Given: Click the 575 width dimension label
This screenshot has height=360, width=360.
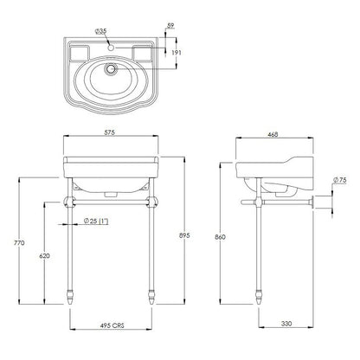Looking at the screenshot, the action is (110, 132).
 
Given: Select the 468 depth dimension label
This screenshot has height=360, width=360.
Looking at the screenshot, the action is (273, 134).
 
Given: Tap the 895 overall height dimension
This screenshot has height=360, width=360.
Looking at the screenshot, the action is (185, 235).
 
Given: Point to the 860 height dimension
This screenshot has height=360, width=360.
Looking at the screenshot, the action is (221, 237).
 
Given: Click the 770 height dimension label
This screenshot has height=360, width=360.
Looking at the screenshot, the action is (19, 243).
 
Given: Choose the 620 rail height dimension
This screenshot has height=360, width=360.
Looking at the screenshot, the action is (44, 255).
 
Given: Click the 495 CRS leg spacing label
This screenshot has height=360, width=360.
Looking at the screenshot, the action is (112, 325).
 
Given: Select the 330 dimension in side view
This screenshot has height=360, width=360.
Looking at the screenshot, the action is (286, 324).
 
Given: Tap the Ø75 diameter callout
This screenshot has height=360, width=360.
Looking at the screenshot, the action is (339, 180).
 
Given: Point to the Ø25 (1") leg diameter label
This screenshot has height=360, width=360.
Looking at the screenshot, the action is (96, 222).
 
